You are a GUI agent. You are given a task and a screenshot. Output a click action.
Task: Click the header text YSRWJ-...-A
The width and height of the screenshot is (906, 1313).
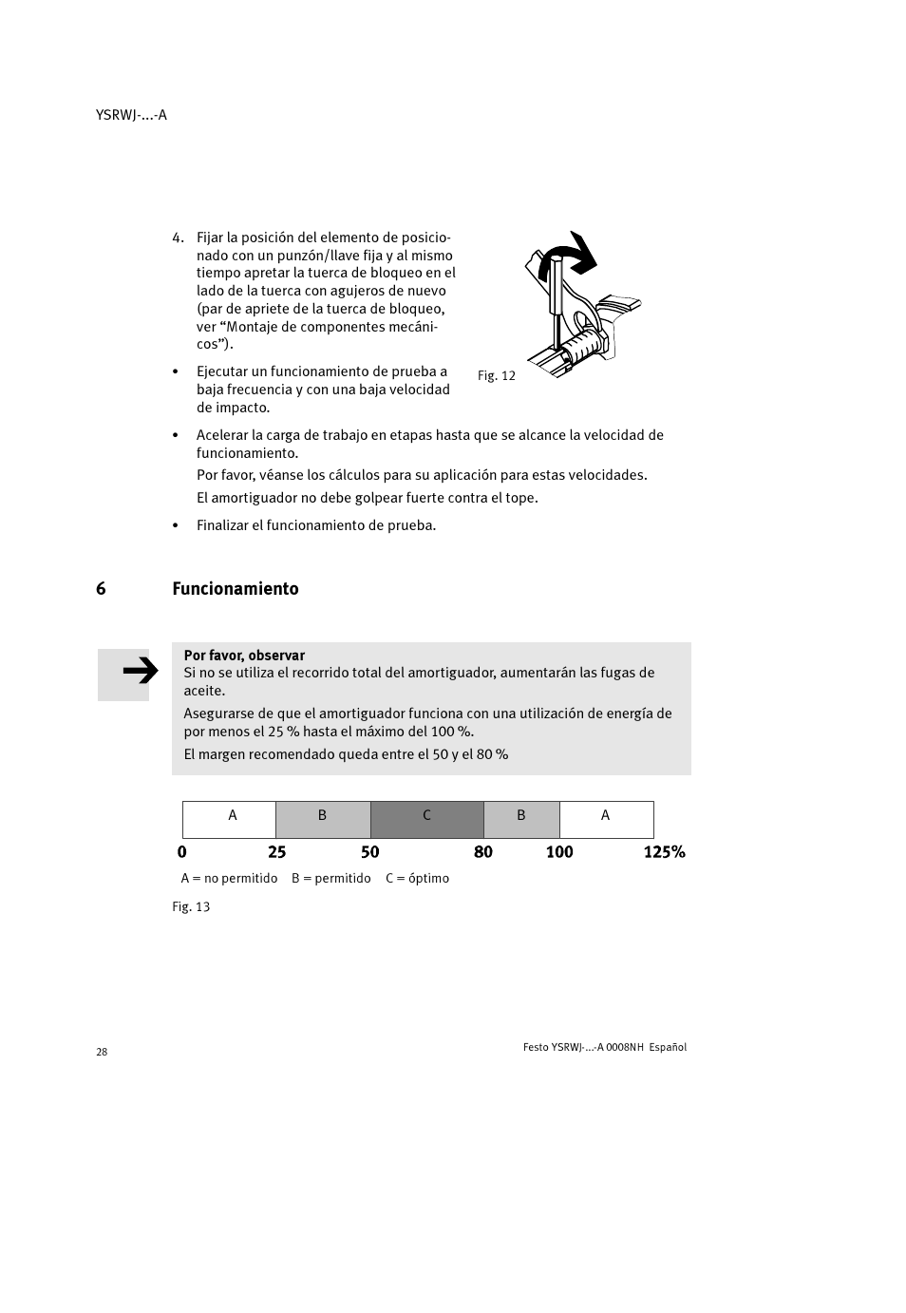(x=131, y=115)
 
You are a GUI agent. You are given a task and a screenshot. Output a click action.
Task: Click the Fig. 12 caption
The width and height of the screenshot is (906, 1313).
(x=496, y=375)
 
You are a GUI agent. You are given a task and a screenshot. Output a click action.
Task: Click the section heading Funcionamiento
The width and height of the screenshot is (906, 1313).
(x=235, y=588)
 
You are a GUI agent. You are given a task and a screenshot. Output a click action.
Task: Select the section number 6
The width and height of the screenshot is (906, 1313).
(x=101, y=588)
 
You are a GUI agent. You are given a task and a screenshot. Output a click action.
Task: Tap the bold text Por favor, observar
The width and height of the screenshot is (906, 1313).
(x=244, y=655)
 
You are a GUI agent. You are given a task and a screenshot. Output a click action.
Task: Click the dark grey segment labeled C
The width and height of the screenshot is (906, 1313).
(x=426, y=819)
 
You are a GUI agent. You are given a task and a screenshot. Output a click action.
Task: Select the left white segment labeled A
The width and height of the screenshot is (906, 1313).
(x=229, y=819)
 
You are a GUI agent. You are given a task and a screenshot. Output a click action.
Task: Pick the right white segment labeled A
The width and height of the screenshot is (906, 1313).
(x=606, y=819)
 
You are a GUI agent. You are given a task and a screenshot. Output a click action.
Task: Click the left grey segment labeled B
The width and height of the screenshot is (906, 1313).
(x=323, y=819)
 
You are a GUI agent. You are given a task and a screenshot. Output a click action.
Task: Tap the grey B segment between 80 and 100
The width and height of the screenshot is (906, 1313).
(x=520, y=819)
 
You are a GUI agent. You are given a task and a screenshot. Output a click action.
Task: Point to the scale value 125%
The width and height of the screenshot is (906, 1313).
(x=664, y=851)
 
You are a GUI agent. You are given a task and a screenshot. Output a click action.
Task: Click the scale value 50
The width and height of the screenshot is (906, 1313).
(x=369, y=851)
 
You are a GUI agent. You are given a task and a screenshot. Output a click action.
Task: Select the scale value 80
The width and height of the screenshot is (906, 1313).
(x=482, y=851)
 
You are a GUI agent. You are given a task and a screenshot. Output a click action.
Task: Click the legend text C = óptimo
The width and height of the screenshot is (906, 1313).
(x=417, y=878)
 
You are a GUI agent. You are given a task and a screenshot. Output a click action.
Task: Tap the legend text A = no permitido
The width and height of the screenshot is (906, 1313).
(x=229, y=878)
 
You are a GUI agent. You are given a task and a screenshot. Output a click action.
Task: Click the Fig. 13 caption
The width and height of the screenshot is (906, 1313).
(x=191, y=906)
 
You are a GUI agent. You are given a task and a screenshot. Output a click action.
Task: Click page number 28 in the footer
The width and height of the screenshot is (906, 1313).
(x=102, y=1052)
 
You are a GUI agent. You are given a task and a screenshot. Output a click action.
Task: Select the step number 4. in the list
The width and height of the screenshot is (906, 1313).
(x=178, y=238)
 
